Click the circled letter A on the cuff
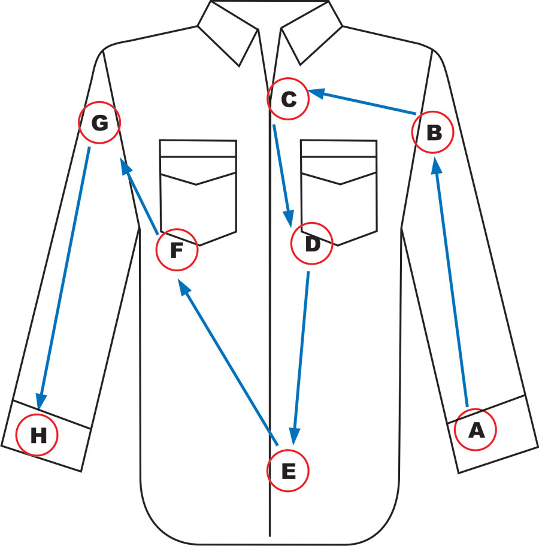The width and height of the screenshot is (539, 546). coord(475,429)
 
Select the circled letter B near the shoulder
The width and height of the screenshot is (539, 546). coord(434,132)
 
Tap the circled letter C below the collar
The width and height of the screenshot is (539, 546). coord(288,99)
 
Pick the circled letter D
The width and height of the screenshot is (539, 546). coord(311,244)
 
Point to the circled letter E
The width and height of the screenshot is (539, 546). coord(287,471)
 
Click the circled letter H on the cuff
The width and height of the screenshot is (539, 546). coord(37,435)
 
